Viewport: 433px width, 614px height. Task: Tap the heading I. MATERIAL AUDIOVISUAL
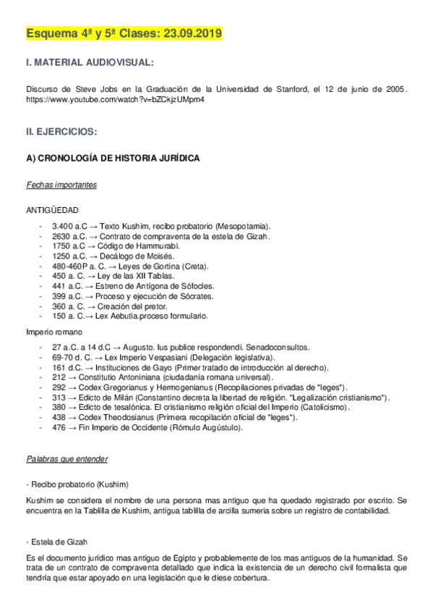(89, 64)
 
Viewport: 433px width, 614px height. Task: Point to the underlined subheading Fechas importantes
(61, 185)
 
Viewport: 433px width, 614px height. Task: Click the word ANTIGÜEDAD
(53, 210)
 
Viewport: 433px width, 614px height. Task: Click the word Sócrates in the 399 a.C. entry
(196, 296)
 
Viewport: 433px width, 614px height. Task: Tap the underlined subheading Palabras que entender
(67, 458)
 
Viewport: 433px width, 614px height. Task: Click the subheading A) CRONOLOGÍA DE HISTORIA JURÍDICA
(113, 158)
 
